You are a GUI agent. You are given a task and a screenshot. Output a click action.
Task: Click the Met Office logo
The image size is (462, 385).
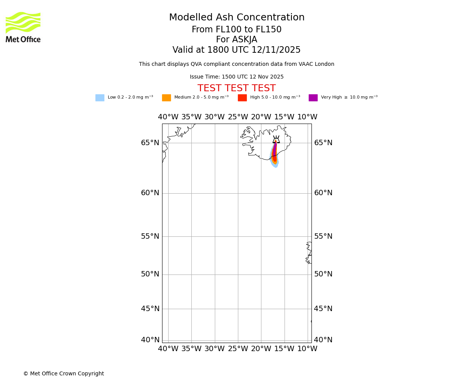[x=23, y=27]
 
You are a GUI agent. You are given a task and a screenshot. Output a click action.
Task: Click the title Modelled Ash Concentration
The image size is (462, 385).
[x=237, y=18]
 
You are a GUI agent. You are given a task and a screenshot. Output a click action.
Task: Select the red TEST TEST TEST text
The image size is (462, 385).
[x=236, y=89]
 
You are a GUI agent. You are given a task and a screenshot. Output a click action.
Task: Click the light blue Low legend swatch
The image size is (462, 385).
[x=100, y=98]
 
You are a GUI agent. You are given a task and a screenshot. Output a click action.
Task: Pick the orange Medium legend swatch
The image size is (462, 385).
[x=166, y=98]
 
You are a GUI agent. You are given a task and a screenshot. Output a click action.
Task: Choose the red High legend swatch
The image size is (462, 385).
[x=242, y=98]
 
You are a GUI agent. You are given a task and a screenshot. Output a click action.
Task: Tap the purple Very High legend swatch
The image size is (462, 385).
[x=313, y=98]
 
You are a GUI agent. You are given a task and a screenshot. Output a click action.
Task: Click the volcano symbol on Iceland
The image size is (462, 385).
[x=276, y=139]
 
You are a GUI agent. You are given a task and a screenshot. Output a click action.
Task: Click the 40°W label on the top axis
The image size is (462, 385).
[x=168, y=117]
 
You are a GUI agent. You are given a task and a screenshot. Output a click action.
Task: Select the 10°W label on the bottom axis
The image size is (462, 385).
[x=307, y=349]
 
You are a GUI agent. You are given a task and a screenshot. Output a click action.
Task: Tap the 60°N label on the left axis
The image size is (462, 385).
[x=150, y=193]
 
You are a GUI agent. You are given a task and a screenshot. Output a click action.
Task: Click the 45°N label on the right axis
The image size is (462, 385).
[x=323, y=309]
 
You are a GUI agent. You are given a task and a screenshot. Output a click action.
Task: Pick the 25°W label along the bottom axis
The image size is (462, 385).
[x=238, y=349]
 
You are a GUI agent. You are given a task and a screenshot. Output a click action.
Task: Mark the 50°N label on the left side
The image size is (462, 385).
[x=150, y=274]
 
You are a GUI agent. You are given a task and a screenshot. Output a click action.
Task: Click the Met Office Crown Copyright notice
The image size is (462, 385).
[x=64, y=374]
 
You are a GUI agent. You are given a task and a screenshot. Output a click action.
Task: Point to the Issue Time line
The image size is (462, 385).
[x=236, y=77]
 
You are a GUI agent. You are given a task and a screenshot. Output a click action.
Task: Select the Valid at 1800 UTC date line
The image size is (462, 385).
[x=236, y=50]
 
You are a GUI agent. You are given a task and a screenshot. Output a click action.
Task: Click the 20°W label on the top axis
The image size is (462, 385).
[x=261, y=117]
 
